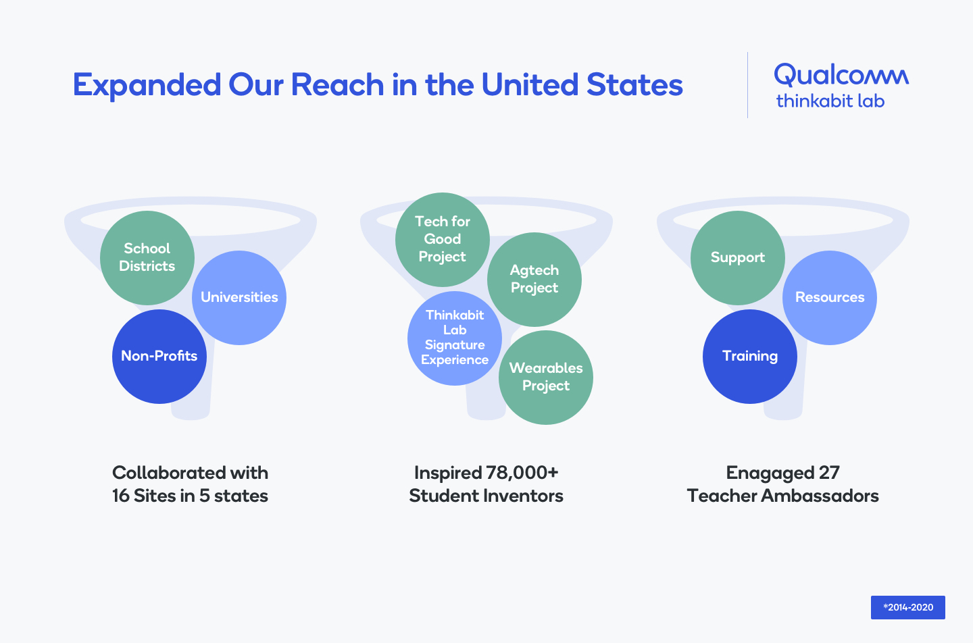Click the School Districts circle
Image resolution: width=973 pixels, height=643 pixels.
click(147, 257)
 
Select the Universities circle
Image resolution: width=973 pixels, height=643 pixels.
click(239, 298)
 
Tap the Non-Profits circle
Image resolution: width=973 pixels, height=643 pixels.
click(159, 357)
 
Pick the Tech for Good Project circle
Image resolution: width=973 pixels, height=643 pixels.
click(443, 239)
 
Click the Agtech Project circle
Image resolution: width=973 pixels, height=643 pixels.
click(534, 279)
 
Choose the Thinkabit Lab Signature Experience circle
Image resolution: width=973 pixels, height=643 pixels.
click(455, 338)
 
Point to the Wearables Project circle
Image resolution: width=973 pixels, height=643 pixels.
click(546, 377)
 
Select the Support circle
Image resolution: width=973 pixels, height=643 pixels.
click(738, 257)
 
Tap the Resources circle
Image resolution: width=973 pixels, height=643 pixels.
click(830, 298)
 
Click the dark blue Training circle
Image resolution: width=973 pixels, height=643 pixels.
click(750, 357)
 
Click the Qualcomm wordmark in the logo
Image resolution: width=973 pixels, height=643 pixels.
click(841, 75)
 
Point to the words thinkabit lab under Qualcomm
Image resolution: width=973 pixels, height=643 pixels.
click(830, 101)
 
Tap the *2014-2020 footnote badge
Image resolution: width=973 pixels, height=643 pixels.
click(908, 607)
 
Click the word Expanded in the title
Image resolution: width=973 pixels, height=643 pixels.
click(147, 86)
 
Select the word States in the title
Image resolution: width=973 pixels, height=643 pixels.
click(634, 85)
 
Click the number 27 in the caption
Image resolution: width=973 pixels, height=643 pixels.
click(829, 473)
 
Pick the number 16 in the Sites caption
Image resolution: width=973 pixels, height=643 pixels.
click(121, 496)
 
